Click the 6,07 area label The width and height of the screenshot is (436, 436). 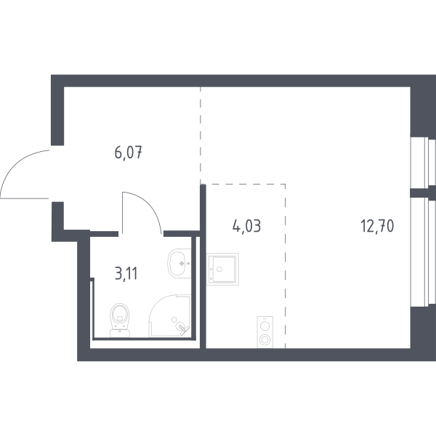coord(127,153)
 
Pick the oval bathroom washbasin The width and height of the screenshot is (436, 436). coord(179,263)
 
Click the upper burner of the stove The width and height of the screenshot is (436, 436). coord(265,325)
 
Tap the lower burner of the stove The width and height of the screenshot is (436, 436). coord(265,339)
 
